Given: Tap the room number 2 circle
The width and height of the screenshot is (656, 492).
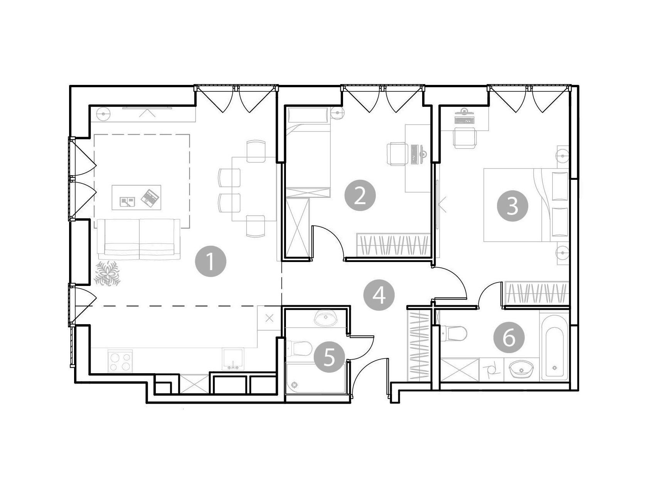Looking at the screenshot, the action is click(x=360, y=196).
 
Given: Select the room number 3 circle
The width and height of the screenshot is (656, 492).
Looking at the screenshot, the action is click(x=512, y=206).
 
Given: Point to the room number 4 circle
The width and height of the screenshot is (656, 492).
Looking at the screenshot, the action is click(x=379, y=296).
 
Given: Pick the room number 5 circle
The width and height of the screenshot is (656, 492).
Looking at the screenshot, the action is click(x=329, y=357).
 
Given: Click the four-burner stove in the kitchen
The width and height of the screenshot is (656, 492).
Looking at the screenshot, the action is click(x=120, y=361).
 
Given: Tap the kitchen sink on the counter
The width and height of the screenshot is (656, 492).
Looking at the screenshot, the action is click(x=233, y=359).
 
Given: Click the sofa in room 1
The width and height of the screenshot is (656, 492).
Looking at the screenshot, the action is click(x=139, y=239).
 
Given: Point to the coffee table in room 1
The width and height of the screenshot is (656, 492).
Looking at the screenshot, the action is click(x=137, y=197).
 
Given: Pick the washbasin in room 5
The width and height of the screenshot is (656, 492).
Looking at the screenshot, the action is click(x=326, y=319).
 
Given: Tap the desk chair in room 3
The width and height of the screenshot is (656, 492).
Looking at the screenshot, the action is click(x=464, y=138).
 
